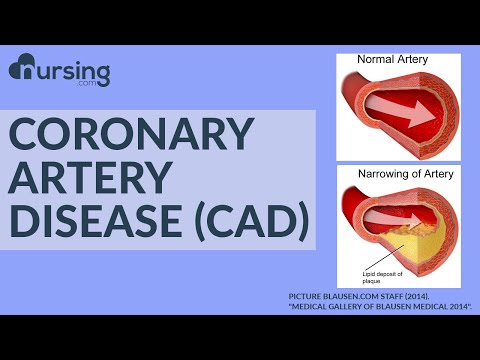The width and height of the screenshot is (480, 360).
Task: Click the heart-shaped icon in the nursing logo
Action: point(23,70)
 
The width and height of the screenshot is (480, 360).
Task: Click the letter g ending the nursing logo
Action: point(101,74)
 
